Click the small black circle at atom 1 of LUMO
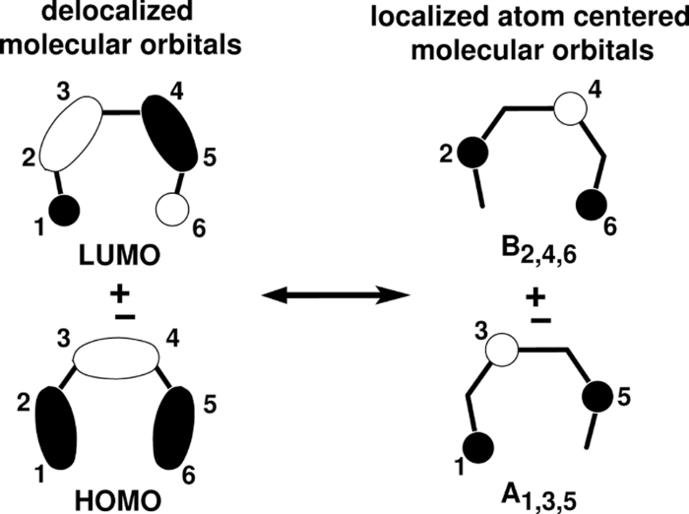pyautogui.click(x=65, y=209)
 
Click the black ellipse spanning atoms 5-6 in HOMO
pyautogui.click(x=179, y=418)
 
